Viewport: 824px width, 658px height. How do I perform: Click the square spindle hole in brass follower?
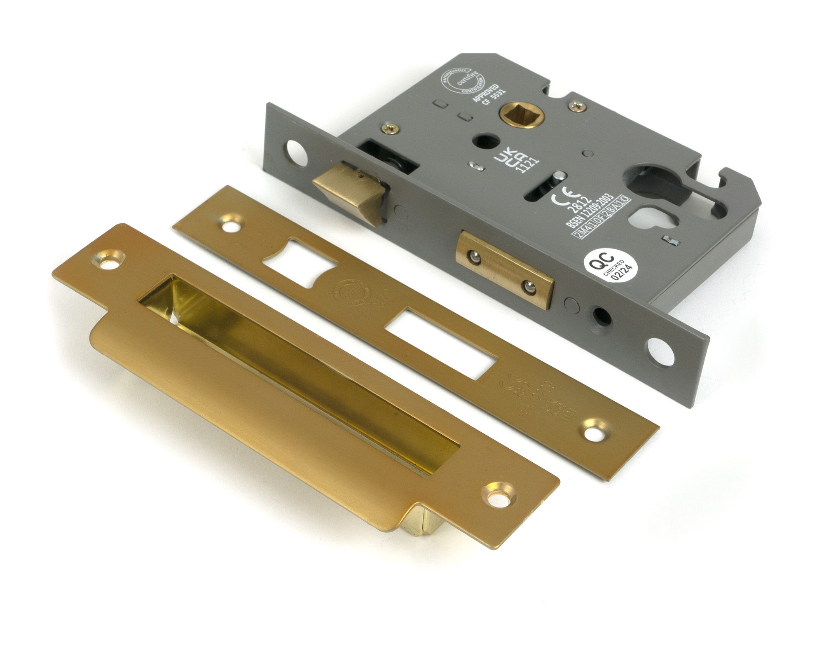(x=520, y=113)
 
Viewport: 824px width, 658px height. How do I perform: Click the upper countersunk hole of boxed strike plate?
(x=108, y=260)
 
